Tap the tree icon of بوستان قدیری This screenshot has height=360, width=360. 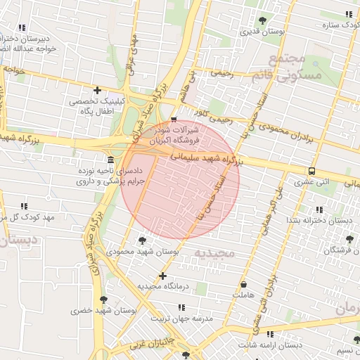[x=263, y=20]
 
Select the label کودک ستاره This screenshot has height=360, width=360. [x=336, y=25]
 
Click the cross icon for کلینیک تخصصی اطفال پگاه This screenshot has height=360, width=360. [x=98, y=90]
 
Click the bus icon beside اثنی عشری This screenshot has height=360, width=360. [x=311, y=171]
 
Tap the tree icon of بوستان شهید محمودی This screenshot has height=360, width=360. [x=132, y=241]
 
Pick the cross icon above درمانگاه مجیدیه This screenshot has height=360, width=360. [x=163, y=276]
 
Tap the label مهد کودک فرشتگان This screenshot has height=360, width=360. [x=337, y=250]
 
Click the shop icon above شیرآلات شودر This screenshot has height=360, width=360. [x=174, y=120]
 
